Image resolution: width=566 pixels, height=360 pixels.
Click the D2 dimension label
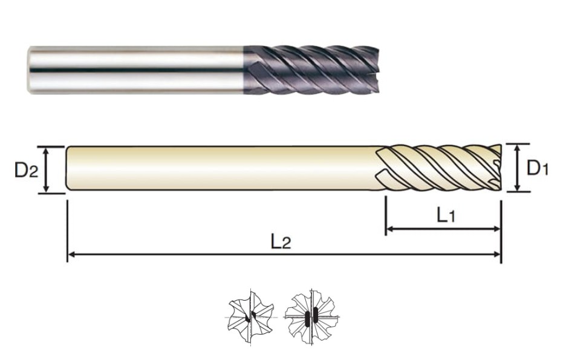coord(26,170)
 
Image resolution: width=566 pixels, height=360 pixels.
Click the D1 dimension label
coord(538,168)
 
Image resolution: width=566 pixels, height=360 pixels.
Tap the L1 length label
coord(446,215)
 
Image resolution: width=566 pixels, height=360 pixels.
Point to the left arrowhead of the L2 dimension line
coord(71,255)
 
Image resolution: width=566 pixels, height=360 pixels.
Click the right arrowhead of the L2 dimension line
coord(497,255)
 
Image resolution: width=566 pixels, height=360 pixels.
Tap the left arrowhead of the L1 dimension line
coord(390,229)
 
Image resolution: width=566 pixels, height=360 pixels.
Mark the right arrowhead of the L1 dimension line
coord(497,229)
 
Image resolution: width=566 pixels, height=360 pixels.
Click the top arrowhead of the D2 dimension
coord(46,151)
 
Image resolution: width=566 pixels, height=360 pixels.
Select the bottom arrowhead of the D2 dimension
coord(46,189)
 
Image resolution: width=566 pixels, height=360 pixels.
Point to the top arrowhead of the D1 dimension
coord(518,148)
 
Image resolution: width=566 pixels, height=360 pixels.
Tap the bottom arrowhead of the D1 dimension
coord(518,187)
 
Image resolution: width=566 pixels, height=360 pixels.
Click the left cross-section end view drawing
coord(250,316)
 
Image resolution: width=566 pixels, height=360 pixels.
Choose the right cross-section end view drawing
coord(311,316)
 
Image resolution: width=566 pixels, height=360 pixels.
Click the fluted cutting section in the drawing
coord(439,168)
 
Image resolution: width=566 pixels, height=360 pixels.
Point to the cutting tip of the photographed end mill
coord(376,70)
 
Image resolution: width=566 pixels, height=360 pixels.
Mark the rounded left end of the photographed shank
coord(30,70)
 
